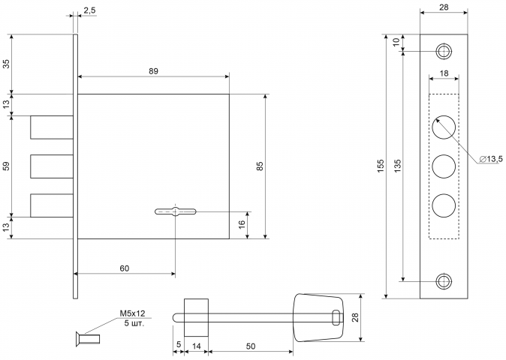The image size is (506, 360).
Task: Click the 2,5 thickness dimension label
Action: coord(89,10)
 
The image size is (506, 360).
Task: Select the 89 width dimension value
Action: coord(154,71)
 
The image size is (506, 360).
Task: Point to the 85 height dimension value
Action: coord(260,166)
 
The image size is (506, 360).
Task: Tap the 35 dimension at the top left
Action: coord(6,64)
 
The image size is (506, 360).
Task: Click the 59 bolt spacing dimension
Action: coord(6,166)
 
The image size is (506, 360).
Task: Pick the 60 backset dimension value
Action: coord(125,268)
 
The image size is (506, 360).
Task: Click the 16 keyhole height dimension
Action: coord(242,225)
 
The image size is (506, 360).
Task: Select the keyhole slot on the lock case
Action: coord(175,211)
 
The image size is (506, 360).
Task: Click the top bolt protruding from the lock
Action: coord(52,127)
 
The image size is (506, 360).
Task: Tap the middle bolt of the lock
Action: coord(52,166)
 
